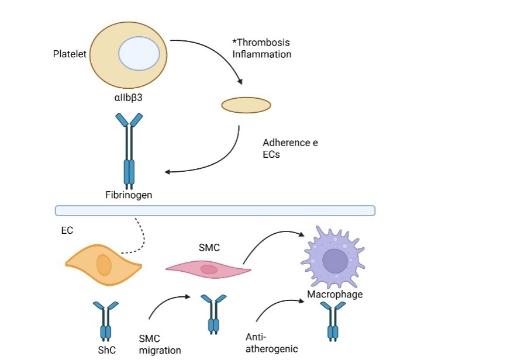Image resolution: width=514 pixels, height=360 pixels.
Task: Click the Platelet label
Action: pyautogui.click(x=70, y=54)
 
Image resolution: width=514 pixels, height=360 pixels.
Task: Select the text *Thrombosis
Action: pyautogui.click(x=261, y=43)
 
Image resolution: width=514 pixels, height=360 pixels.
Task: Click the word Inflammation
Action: pyautogui.click(x=262, y=54)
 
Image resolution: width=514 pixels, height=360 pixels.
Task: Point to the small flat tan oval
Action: pyautogui.click(x=246, y=105)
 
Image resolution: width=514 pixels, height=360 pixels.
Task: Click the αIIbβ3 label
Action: pyautogui.click(x=125, y=98)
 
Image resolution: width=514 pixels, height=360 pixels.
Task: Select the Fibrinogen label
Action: pyautogui.click(x=129, y=195)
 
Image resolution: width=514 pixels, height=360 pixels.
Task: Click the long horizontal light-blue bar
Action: pyautogui.click(x=215, y=210)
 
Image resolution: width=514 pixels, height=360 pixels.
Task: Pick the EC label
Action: pyautogui.click(x=67, y=230)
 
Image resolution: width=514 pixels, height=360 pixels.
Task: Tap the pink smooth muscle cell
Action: pyautogui.click(x=208, y=269)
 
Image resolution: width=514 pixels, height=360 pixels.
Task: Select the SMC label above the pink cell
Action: pyautogui.click(x=209, y=248)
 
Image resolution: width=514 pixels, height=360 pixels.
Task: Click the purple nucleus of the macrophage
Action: pyautogui.click(x=335, y=261)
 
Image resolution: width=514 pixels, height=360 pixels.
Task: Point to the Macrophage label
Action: pyautogui.click(x=334, y=294)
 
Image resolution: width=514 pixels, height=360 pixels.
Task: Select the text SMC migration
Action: pyautogui.click(x=160, y=344)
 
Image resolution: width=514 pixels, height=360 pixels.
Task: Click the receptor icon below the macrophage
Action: pyautogui.click(x=333, y=321)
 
